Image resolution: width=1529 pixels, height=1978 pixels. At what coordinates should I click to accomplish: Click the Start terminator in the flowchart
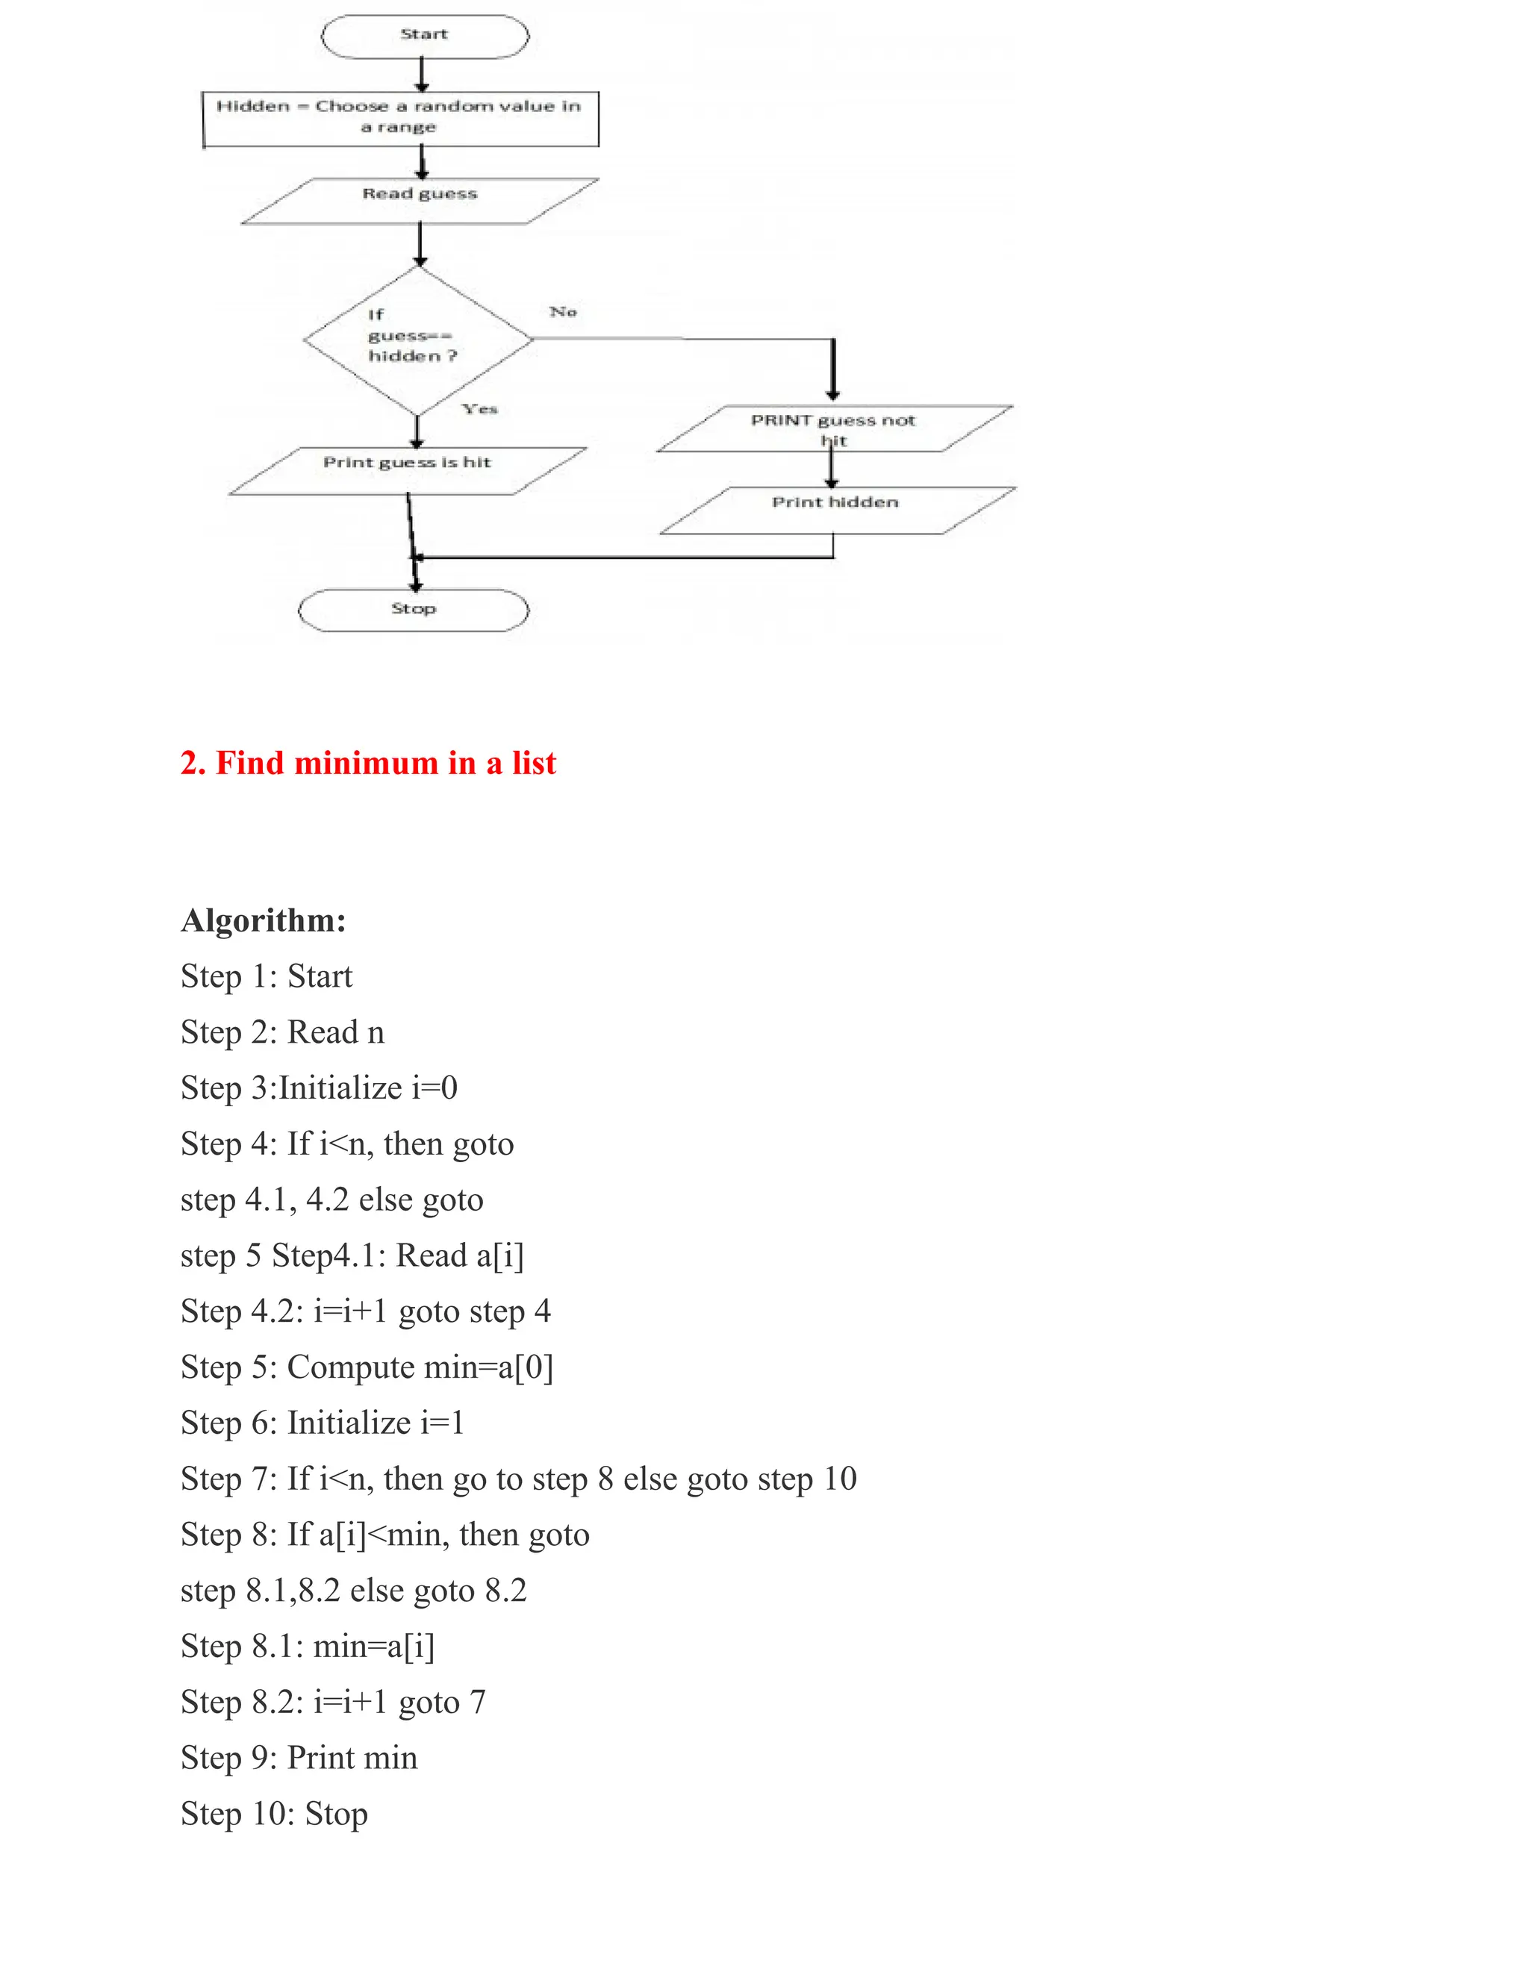424,37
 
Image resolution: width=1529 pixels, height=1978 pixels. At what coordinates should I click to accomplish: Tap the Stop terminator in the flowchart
413,610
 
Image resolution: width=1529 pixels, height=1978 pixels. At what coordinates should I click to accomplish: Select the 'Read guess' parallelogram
420,200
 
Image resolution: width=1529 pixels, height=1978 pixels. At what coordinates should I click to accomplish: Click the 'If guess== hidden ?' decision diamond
417,339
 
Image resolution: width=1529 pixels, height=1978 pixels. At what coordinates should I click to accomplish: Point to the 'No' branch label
562,311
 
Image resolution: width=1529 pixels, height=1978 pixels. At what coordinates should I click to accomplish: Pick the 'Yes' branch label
479,408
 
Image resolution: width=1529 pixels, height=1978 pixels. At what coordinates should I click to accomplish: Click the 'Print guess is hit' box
407,470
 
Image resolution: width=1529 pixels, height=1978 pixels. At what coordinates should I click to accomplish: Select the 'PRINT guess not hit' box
833,428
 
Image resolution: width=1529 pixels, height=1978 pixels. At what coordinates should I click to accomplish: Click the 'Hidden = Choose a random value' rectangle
399,118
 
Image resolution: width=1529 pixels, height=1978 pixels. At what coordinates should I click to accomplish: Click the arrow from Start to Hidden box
422,74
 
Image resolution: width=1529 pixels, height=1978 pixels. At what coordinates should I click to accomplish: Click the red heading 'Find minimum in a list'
368,763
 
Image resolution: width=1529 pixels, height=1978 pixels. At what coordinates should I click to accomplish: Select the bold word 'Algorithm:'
264,920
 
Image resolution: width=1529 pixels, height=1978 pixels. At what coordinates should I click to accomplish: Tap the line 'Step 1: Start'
267,976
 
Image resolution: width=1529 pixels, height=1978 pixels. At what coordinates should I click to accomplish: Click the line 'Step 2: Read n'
283,1032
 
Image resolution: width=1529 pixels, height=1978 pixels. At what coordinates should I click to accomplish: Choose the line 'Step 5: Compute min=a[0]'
367,1367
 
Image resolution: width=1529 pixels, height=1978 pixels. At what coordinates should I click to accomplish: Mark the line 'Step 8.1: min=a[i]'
308,1647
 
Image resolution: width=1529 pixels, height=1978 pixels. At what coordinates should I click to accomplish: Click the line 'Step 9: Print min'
299,1758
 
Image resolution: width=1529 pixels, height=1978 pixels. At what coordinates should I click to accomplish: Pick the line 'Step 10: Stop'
275,1814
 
